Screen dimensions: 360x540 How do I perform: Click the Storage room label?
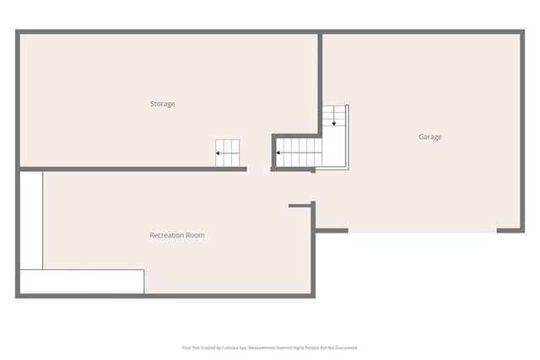[163, 104]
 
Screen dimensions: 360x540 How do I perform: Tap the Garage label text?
[429, 137]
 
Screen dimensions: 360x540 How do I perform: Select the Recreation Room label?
[177, 235]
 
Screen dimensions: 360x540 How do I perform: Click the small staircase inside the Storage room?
[227, 153]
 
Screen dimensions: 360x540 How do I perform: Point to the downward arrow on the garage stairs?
[334, 122]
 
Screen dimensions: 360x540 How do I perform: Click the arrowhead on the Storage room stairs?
[218, 153]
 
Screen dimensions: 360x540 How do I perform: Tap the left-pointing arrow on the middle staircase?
[282, 153]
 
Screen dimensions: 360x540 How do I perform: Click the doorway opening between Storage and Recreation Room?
[258, 169]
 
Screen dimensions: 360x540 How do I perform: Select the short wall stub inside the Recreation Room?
[300, 205]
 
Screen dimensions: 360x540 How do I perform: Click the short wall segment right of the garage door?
[509, 229]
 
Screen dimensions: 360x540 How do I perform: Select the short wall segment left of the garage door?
[331, 228]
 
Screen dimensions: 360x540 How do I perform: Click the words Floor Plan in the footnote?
[190, 347]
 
